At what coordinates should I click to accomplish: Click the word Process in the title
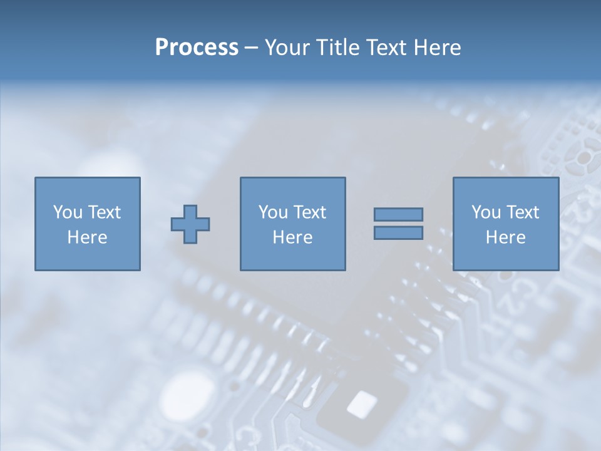click(197, 48)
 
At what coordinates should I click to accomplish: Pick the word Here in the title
click(438, 48)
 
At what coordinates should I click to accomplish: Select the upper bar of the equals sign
click(398, 215)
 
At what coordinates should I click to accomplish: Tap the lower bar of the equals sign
click(398, 232)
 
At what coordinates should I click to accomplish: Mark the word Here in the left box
click(87, 237)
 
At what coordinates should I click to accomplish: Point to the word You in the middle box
click(272, 212)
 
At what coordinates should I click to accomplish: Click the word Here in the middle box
click(292, 237)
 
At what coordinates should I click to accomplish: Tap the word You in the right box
click(485, 212)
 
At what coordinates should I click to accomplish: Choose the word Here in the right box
click(505, 237)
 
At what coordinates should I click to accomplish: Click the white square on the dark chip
click(362, 403)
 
